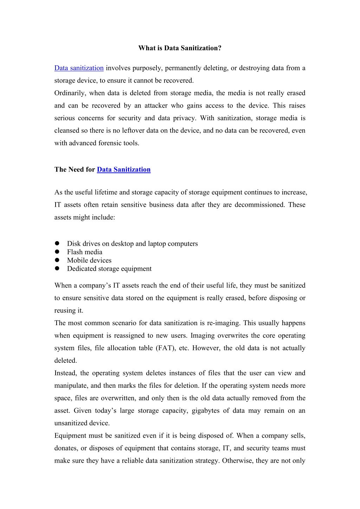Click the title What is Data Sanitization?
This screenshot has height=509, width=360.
(x=180, y=48)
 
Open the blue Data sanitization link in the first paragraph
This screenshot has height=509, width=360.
(x=79, y=68)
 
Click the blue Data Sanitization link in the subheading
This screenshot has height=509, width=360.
(x=123, y=169)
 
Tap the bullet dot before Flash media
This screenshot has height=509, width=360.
(x=57, y=252)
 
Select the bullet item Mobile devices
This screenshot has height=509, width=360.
(x=89, y=260)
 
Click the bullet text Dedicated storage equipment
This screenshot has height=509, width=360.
(x=109, y=269)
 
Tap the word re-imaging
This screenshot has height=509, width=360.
(x=223, y=323)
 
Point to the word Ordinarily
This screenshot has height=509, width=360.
(x=70, y=93)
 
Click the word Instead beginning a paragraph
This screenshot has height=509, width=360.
(x=65, y=373)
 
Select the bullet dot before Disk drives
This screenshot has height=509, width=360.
(x=57, y=244)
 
